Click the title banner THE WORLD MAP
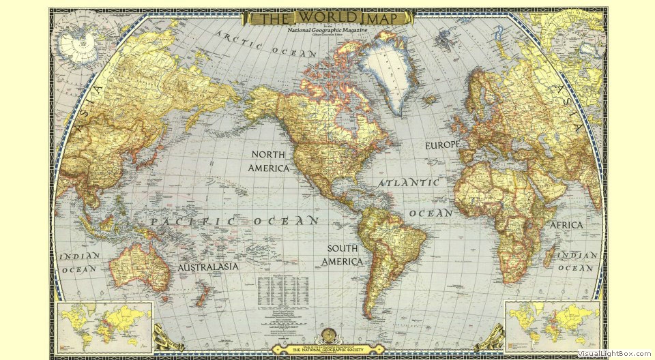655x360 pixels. (328, 18)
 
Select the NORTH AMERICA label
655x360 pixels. (269, 161)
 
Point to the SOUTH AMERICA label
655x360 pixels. (343, 255)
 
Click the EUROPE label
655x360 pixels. (443, 145)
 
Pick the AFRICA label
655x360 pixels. (566, 225)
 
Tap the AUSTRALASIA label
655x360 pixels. (208, 267)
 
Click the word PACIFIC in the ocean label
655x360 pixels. (193, 222)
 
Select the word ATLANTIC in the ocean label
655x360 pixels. (409, 183)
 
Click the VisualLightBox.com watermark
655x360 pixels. (615, 353)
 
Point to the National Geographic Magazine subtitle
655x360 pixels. (327, 31)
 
